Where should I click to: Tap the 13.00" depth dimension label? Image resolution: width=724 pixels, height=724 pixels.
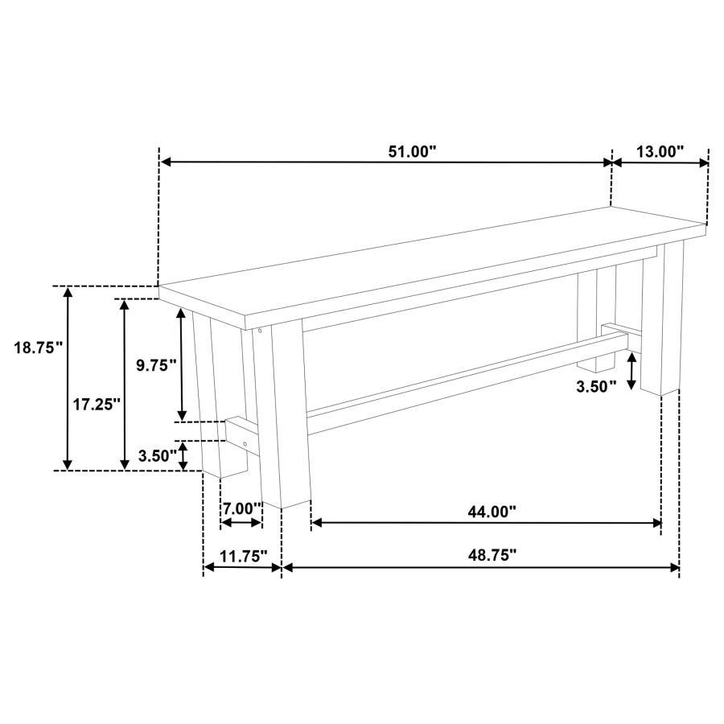click(x=660, y=150)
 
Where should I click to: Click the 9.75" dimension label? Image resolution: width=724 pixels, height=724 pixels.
click(x=156, y=364)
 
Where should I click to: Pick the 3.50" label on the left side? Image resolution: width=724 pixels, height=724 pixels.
click(x=157, y=455)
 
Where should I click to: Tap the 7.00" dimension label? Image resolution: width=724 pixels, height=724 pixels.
click(x=242, y=508)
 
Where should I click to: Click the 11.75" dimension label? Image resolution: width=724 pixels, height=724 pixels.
click(x=242, y=555)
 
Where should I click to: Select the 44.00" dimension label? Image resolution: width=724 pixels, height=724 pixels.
click(x=491, y=510)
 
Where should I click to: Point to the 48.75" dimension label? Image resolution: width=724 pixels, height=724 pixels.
click(x=491, y=555)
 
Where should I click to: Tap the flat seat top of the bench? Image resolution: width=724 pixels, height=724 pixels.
click(x=434, y=253)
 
